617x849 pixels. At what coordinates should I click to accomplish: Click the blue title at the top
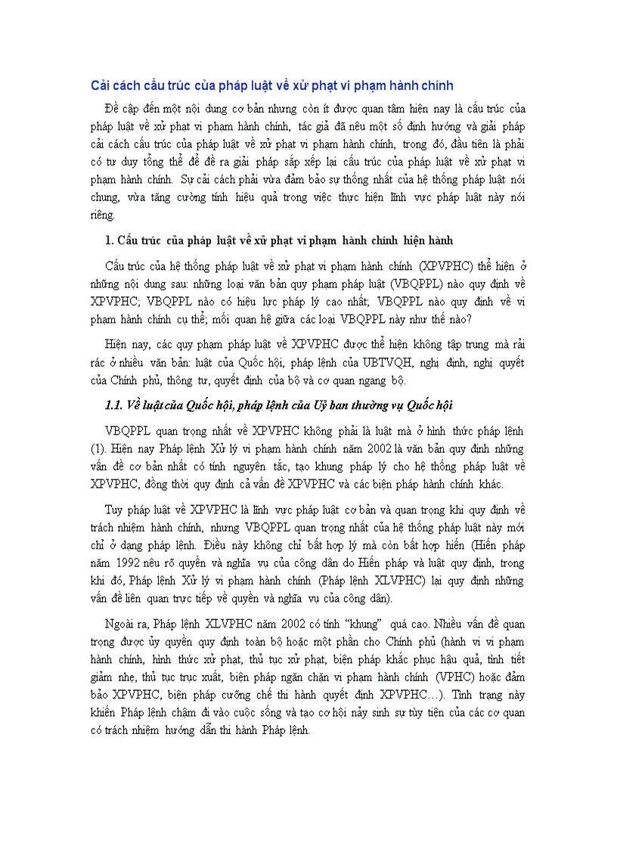271,85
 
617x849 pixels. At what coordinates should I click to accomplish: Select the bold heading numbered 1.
279,240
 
